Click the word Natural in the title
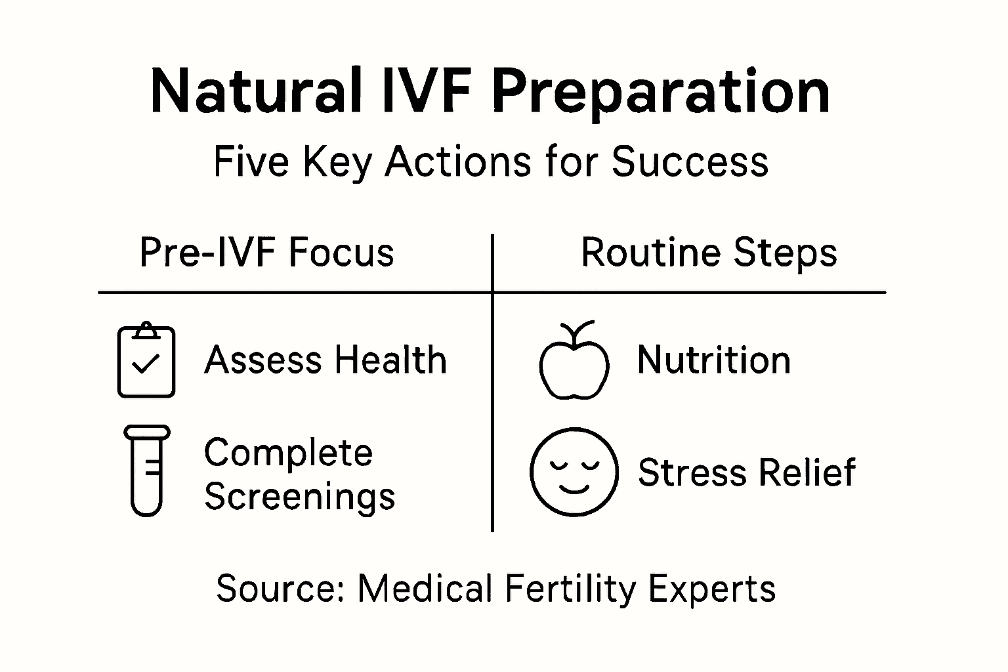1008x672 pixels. coord(256,91)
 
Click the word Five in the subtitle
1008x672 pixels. coord(251,161)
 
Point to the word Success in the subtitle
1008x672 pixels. coord(690,161)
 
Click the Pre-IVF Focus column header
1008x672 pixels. coord(266,253)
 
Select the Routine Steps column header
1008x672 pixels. coord(709,253)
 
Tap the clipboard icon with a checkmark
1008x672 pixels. coord(146,360)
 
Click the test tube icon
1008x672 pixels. coord(146,471)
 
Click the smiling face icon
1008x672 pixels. coord(574,472)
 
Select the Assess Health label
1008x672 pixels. coord(325,360)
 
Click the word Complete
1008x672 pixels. coord(288,453)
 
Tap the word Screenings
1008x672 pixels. coord(300,496)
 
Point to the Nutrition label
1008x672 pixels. coord(714,360)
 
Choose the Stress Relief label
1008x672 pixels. coord(747,472)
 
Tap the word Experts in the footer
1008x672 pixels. coord(712,588)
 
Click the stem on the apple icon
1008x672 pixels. coord(577,328)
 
